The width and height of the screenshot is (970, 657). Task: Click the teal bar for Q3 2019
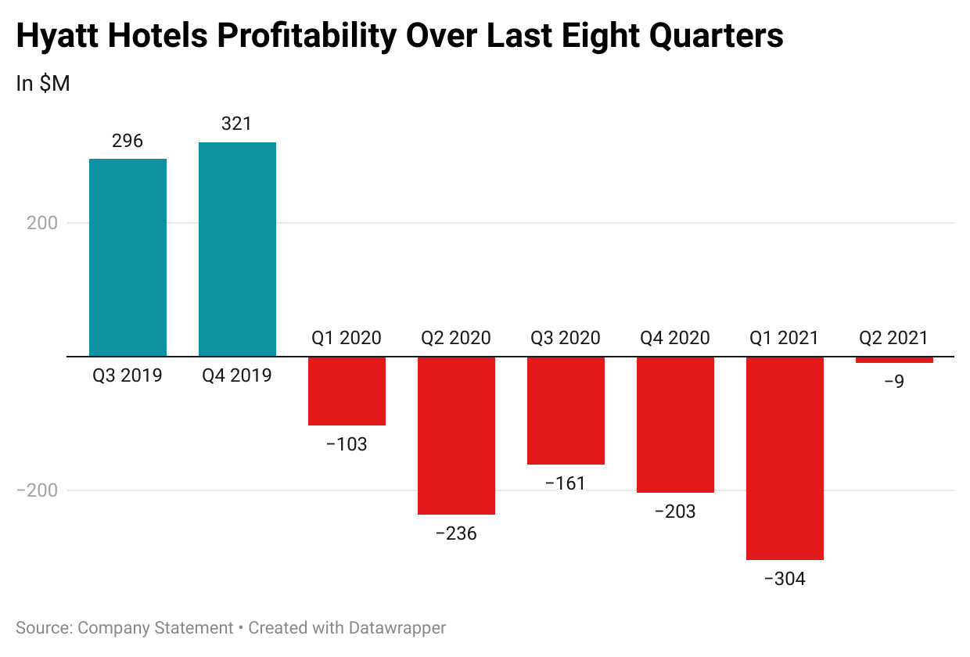128,257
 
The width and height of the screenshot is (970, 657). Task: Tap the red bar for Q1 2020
347,391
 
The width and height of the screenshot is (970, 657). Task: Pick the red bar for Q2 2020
456,436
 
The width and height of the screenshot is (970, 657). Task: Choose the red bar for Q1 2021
785,458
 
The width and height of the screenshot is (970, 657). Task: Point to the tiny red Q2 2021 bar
894,360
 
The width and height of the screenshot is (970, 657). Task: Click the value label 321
237,124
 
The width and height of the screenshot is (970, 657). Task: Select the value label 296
128,141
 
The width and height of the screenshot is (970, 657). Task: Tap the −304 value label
785,580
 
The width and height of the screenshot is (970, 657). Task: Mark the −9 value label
894,382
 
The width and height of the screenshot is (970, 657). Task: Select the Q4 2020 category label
675,338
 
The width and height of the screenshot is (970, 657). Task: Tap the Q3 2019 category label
128,375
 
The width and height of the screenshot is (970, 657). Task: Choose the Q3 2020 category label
566,338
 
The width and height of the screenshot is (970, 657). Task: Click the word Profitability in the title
302,36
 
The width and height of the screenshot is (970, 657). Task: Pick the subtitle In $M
43,84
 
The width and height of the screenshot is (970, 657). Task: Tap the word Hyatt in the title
60,36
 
